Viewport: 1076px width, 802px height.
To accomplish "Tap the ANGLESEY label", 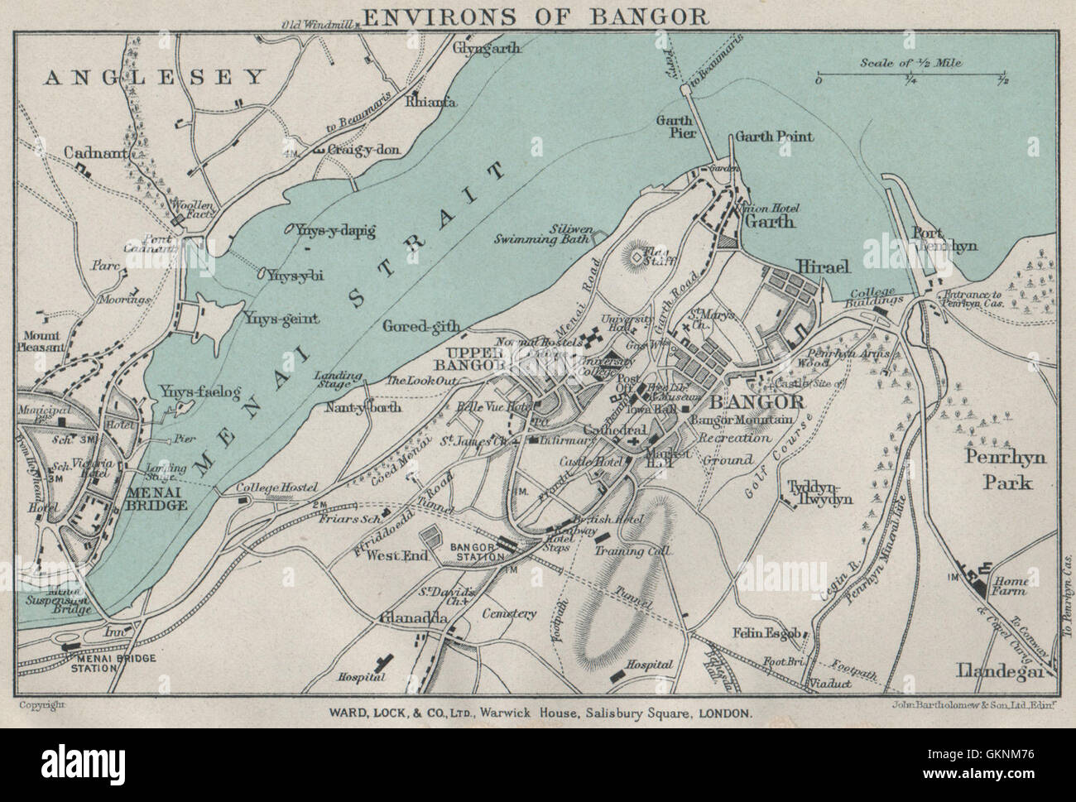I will tap(154, 77).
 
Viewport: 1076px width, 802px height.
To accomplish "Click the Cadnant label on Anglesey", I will tap(98, 153).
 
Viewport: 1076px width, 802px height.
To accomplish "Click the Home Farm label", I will tap(1010, 586).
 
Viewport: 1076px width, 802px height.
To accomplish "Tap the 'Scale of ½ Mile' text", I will tap(909, 62).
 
